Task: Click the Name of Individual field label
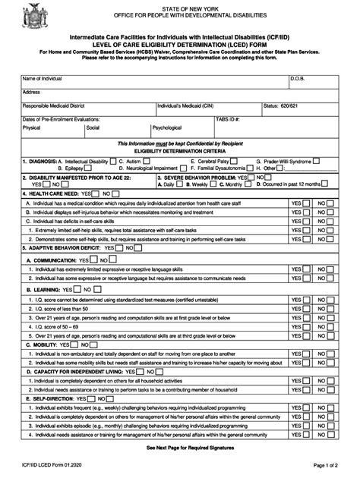42,78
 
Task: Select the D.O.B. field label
297,78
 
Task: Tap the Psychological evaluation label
167,128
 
